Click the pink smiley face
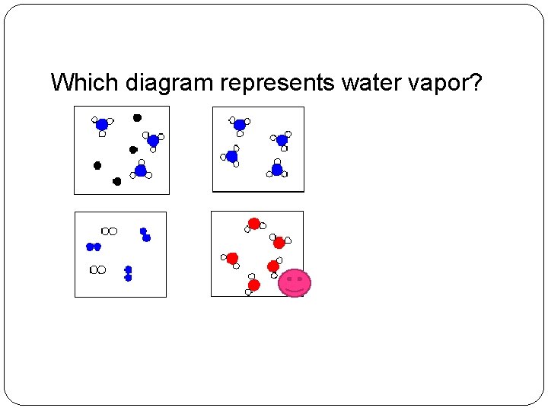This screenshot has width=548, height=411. pos(295,283)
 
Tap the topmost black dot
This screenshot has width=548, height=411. pos(137,118)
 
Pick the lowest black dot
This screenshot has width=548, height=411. pos(117,181)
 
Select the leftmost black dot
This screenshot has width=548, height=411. pos(97,165)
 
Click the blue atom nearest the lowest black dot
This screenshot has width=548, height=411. pos(141,170)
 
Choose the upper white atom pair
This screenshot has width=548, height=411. pos(110,231)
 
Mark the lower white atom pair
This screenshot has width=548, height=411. pos(98,269)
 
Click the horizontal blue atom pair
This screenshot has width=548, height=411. pos(93,247)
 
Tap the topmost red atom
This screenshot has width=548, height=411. pos(254,224)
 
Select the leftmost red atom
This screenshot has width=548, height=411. pos(232,258)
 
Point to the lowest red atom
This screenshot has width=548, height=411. pos(254,285)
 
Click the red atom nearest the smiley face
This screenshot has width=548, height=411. pos(273,266)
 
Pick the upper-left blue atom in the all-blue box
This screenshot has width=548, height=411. pos(240,125)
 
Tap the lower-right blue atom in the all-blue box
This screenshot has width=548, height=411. pos(278,169)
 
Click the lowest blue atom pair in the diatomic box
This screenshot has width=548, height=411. pos(128,274)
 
